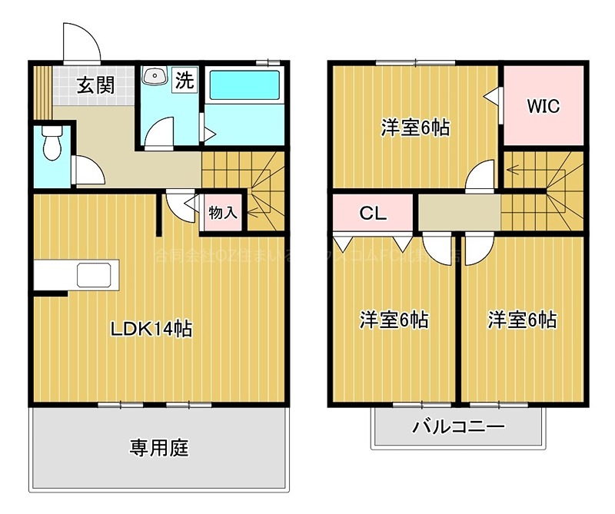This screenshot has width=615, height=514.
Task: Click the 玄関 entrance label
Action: [95, 85]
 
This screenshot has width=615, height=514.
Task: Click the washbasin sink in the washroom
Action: [156, 76]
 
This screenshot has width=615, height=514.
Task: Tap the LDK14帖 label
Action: [151, 330]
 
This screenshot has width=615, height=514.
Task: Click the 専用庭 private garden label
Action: [159, 447]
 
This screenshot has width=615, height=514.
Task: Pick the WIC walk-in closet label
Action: [543, 106]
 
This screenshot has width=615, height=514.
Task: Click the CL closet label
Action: [374, 214]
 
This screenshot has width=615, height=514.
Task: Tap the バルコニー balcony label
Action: [457, 426]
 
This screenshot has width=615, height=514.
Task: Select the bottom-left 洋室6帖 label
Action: [394, 320]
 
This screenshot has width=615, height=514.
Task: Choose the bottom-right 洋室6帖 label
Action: [522, 320]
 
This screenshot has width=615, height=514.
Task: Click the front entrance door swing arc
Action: [81, 42]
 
